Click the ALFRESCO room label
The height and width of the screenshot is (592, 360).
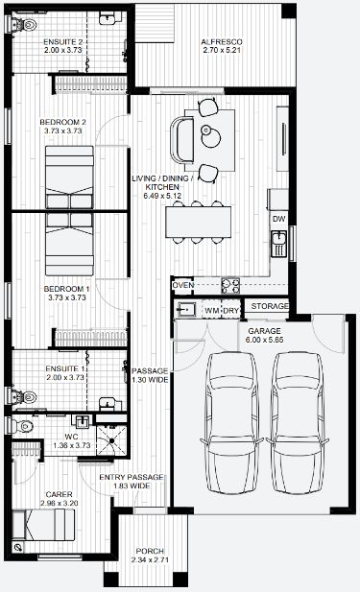pyautogui.click(x=222, y=42)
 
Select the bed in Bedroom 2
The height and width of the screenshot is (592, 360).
pyautogui.click(x=69, y=178)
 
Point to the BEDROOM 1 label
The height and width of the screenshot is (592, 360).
pyautogui.click(x=66, y=289)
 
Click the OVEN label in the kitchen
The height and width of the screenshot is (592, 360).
pyautogui.click(x=183, y=285)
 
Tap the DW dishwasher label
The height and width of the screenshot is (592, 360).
pyautogui.click(x=278, y=219)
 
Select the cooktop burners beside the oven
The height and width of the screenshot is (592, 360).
pyautogui.click(x=230, y=285)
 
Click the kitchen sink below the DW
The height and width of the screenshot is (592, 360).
pyautogui.click(x=278, y=244)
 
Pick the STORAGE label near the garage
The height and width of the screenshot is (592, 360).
pyautogui.click(x=270, y=306)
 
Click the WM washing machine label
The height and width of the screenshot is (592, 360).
pyautogui.click(x=212, y=311)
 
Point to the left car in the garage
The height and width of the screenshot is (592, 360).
pyautogui.click(x=231, y=423)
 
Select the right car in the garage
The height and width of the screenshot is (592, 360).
pyautogui.click(x=298, y=423)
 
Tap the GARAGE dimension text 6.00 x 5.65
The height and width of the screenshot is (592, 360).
pyautogui.click(x=264, y=340)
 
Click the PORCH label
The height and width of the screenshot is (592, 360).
pyautogui.click(x=150, y=552)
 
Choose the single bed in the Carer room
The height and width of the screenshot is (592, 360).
pyautogui.click(x=43, y=525)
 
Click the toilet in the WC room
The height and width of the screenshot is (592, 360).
pyautogui.click(x=22, y=426)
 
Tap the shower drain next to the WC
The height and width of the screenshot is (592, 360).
pyautogui.click(x=111, y=440)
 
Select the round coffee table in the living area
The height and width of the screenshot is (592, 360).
pyautogui.click(x=210, y=136)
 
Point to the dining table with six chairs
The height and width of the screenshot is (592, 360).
pyautogui.click(x=199, y=222)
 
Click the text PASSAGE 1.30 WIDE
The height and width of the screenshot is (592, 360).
pyautogui.click(x=150, y=375)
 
